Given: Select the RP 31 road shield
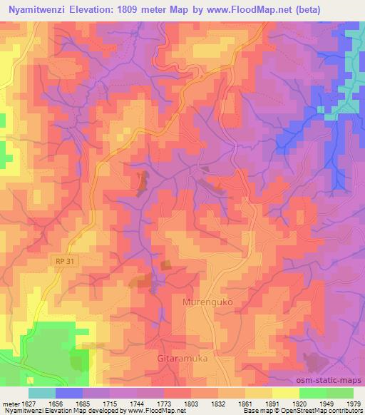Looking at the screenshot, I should tap(63, 262).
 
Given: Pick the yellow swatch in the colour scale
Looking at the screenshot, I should tap(285, 392).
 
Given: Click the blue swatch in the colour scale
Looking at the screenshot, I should tap(69, 392).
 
